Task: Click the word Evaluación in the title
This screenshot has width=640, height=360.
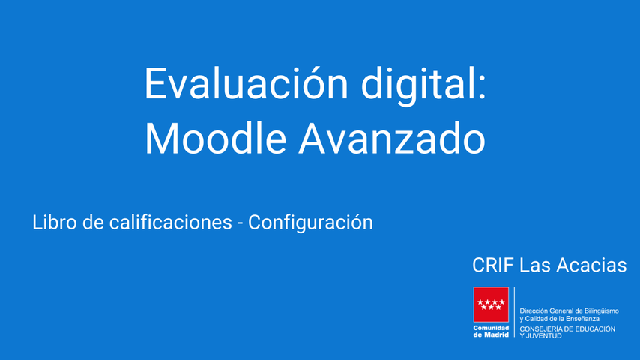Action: pyautogui.click(x=247, y=83)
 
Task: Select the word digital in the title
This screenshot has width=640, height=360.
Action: pyautogui.click(x=417, y=86)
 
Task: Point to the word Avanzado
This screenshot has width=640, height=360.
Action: pyautogui.click(x=392, y=138)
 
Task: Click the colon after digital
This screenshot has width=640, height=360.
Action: pyautogui.click(x=482, y=87)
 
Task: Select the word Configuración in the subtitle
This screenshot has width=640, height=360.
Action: pyautogui.click(x=310, y=223)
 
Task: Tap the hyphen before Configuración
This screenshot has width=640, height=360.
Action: pyautogui.click(x=240, y=224)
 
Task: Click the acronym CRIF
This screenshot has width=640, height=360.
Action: pyautogui.click(x=493, y=265)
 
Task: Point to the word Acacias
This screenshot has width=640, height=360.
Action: pyautogui.click(x=591, y=265)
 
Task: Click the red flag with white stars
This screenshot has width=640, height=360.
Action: pyautogui.click(x=491, y=304)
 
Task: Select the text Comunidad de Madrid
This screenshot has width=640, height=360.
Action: pyautogui.click(x=491, y=331)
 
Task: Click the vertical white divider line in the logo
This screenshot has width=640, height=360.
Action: pyautogui.click(x=514, y=312)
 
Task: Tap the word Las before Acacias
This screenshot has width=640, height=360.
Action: pyautogui.click(x=535, y=265)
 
